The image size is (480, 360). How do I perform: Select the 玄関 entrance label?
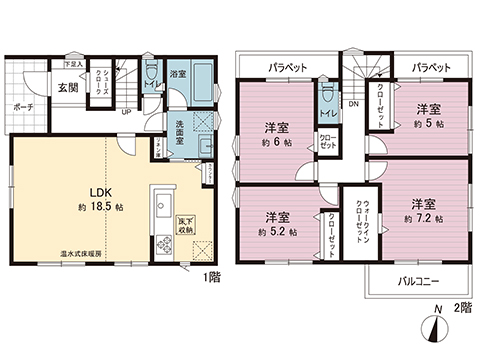coord(68,87)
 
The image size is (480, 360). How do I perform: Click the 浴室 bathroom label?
coord(176,74)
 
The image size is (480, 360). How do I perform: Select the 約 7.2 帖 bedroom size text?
coord(423,216)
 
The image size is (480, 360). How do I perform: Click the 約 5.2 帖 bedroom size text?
coord(276,231)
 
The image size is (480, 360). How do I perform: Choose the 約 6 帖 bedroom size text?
coord(276,142)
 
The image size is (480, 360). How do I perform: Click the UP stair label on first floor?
coord(124,111)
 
